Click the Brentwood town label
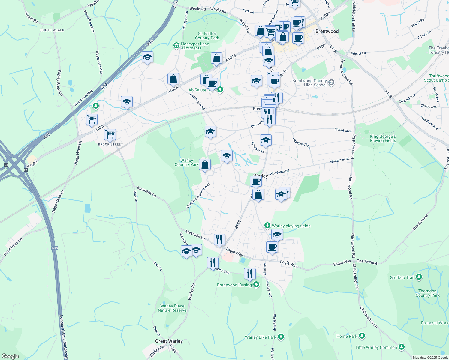(x=327, y=31)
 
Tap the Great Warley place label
(x=169, y=341)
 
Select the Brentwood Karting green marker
(x=256, y=285)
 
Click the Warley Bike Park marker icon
(x=281, y=337)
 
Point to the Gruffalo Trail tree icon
(x=419, y=277)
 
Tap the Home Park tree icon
(x=362, y=336)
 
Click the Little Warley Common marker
(x=401, y=347)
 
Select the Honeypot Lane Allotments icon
(x=176, y=46)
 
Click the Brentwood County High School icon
(x=331, y=82)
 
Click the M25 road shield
(x=55, y=248)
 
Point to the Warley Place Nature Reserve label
(x=172, y=308)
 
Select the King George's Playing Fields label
(x=383, y=138)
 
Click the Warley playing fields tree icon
(x=267, y=225)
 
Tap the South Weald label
(x=52, y=30)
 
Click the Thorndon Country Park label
(x=427, y=293)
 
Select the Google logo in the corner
(x=10, y=356)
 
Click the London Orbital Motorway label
(x=63, y=336)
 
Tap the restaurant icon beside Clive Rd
(x=250, y=274)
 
